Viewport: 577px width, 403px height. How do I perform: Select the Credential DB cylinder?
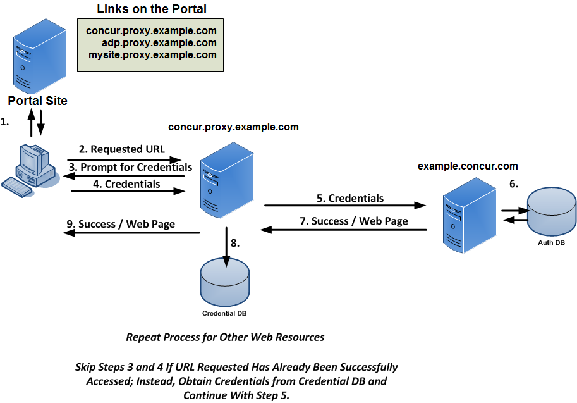[x=224, y=280]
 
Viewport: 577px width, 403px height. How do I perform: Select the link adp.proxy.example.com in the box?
[x=159, y=42]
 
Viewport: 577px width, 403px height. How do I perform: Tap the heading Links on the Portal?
[x=152, y=9]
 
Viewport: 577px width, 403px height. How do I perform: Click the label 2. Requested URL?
[x=122, y=149]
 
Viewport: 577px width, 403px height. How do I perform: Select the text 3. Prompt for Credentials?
[x=130, y=167]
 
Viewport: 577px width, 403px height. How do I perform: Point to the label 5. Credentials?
[x=349, y=198]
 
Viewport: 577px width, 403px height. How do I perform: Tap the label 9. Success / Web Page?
[x=121, y=224]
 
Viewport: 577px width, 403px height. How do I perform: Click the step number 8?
[x=235, y=243]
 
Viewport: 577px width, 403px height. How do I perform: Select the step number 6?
[x=513, y=184]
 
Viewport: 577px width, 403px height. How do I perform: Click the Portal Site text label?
[x=37, y=101]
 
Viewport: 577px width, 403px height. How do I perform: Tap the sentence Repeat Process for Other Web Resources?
[x=225, y=337]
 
